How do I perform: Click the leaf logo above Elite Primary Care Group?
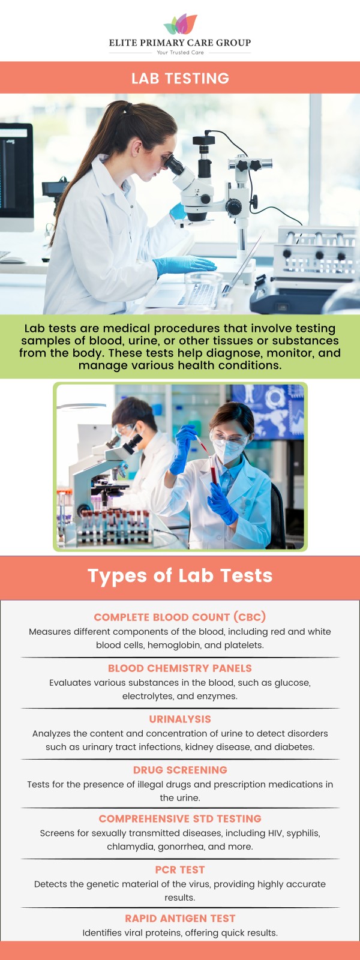click(x=180, y=24)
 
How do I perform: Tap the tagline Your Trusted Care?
click(x=180, y=53)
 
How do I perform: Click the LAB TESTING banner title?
click(x=180, y=79)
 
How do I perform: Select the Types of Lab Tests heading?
click(x=180, y=576)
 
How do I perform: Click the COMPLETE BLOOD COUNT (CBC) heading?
click(x=180, y=617)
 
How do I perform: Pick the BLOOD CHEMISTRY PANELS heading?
click(x=180, y=668)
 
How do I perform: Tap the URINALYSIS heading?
click(x=180, y=719)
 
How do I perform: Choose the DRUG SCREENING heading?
click(x=180, y=770)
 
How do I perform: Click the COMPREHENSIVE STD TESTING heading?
click(x=180, y=819)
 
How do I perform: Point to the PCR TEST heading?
click(x=180, y=870)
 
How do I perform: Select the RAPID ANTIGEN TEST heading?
click(x=180, y=919)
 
